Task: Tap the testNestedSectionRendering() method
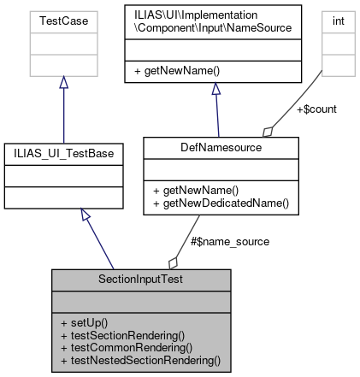(x=141, y=360)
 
